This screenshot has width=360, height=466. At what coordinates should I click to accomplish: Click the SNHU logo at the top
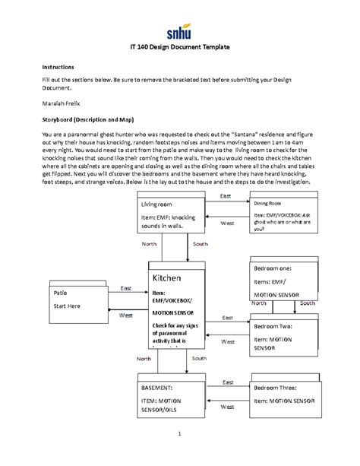pos(180,32)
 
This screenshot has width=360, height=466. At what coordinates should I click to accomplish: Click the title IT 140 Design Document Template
pos(180,47)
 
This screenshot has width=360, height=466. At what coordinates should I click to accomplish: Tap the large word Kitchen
pos(169,278)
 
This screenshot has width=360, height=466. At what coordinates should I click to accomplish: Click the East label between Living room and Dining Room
pos(226,197)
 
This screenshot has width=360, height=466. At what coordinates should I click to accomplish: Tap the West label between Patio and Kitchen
pos(126,315)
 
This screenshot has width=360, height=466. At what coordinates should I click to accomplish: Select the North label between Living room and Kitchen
pos(150,244)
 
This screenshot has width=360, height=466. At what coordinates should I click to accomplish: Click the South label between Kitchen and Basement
pos(199,357)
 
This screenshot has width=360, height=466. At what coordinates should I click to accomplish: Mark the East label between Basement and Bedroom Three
pos(226,382)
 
